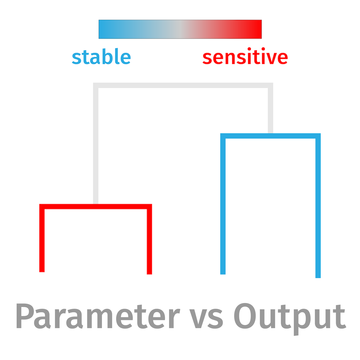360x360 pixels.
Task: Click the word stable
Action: (x=101, y=56)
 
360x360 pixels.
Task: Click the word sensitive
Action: (x=245, y=56)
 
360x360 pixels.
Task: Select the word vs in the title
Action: (x=206, y=319)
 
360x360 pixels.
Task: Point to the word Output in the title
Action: (x=290, y=319)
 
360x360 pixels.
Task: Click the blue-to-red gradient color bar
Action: (x=180, y=29)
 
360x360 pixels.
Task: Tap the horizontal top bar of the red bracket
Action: (x=96, y=206)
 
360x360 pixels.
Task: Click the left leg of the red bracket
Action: (x=42, y=238)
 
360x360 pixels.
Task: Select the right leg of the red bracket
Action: (x=149, y=239)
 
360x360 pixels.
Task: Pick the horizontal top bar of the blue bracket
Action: (x=270, y=136)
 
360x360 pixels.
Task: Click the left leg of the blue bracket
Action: (x=223, y=204)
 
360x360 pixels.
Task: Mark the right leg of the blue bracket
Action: (x=318, y=206)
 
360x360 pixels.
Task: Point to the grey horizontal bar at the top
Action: (x=183, y=85)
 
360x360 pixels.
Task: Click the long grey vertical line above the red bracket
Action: (x=96, y=143)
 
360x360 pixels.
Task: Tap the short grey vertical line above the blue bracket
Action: (x=270, y=108)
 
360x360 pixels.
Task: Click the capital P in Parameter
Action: (x=25, y=316)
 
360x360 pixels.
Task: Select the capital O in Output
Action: (x=245, y=316)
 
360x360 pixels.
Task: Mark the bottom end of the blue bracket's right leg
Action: (x=318, y=278)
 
